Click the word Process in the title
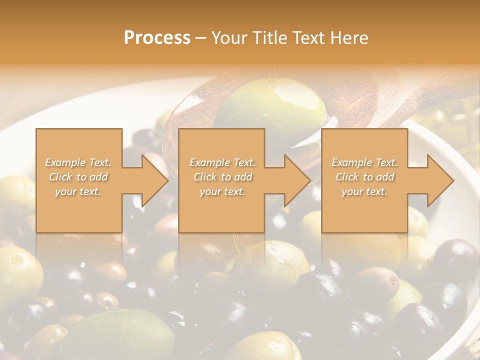pos(157,38)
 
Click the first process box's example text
pos(78,177)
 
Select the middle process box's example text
pos(222,177)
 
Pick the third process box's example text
pos(364,177)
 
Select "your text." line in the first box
pos(78,191)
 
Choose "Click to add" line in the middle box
pos(222,177)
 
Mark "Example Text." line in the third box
pos(364,162)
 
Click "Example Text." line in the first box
pos(78,162)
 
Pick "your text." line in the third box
pos(364,191)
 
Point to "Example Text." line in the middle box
pos(222,162)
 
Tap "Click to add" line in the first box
pos(78,177)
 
